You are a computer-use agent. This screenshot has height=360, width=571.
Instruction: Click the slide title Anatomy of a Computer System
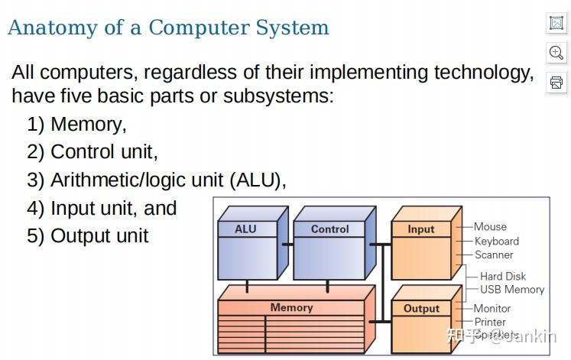point(168,28)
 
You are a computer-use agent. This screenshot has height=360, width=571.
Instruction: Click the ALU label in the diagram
point(245,229)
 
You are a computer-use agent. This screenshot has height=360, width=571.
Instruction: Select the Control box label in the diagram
point(329,229)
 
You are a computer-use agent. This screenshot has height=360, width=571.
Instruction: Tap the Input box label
point(420,229)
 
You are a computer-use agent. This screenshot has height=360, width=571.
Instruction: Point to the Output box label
point(421,309)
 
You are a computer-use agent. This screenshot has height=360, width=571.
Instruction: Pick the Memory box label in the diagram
point(291,307)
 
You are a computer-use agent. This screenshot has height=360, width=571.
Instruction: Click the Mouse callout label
point(490,226)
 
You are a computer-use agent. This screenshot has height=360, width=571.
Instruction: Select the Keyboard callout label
point(496,241)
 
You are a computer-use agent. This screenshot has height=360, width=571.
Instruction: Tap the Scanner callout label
point(494,255)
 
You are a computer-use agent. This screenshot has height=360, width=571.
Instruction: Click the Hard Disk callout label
point(503,276)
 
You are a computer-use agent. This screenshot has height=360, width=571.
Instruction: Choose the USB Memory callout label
point(512,290)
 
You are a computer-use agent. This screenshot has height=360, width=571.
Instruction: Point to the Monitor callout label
point(492,308)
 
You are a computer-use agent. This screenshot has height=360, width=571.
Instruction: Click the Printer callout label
point(490,322)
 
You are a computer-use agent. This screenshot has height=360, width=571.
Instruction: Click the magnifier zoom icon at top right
point(556,52)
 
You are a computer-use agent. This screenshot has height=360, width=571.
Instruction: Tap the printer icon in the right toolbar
point(556,82)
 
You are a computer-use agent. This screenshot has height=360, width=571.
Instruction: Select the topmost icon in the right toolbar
point(556,23)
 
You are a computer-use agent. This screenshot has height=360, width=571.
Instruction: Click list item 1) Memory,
point(77,124)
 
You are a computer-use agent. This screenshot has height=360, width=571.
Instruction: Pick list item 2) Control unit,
point(92,151)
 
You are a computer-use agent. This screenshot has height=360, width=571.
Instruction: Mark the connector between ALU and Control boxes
point(287,245)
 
